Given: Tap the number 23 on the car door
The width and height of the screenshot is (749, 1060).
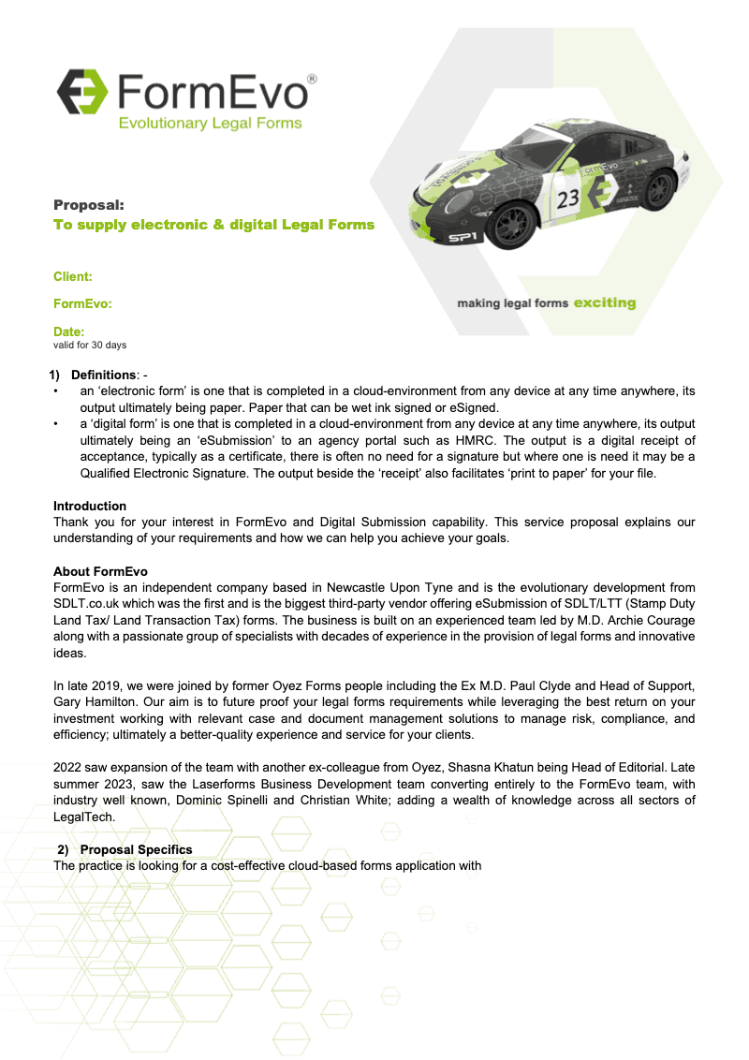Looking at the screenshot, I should click(x=568, y=199).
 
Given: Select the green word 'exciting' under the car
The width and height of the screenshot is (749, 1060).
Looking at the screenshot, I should click(x=604, y=302).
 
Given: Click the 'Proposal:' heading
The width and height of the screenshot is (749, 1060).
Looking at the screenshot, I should click(x=89, y=204).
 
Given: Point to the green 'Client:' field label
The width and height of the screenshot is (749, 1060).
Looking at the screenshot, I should click(x=73, y=276).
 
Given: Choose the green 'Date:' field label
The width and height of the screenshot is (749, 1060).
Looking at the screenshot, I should click(x=69, y=331).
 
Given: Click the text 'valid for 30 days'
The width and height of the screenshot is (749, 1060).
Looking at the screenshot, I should click(x=90, y=345).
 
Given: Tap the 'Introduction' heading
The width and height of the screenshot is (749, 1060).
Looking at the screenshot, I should click(x=90, y=506).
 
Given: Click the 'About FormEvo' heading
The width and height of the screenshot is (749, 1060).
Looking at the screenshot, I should click(x=100, y=571).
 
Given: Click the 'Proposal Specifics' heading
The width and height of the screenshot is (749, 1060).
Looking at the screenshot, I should click(x=137, y=849).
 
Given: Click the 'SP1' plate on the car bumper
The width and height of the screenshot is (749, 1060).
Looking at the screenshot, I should click(x=463, y=239).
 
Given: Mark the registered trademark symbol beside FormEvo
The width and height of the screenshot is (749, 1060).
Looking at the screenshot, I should click(x=312, y=81).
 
